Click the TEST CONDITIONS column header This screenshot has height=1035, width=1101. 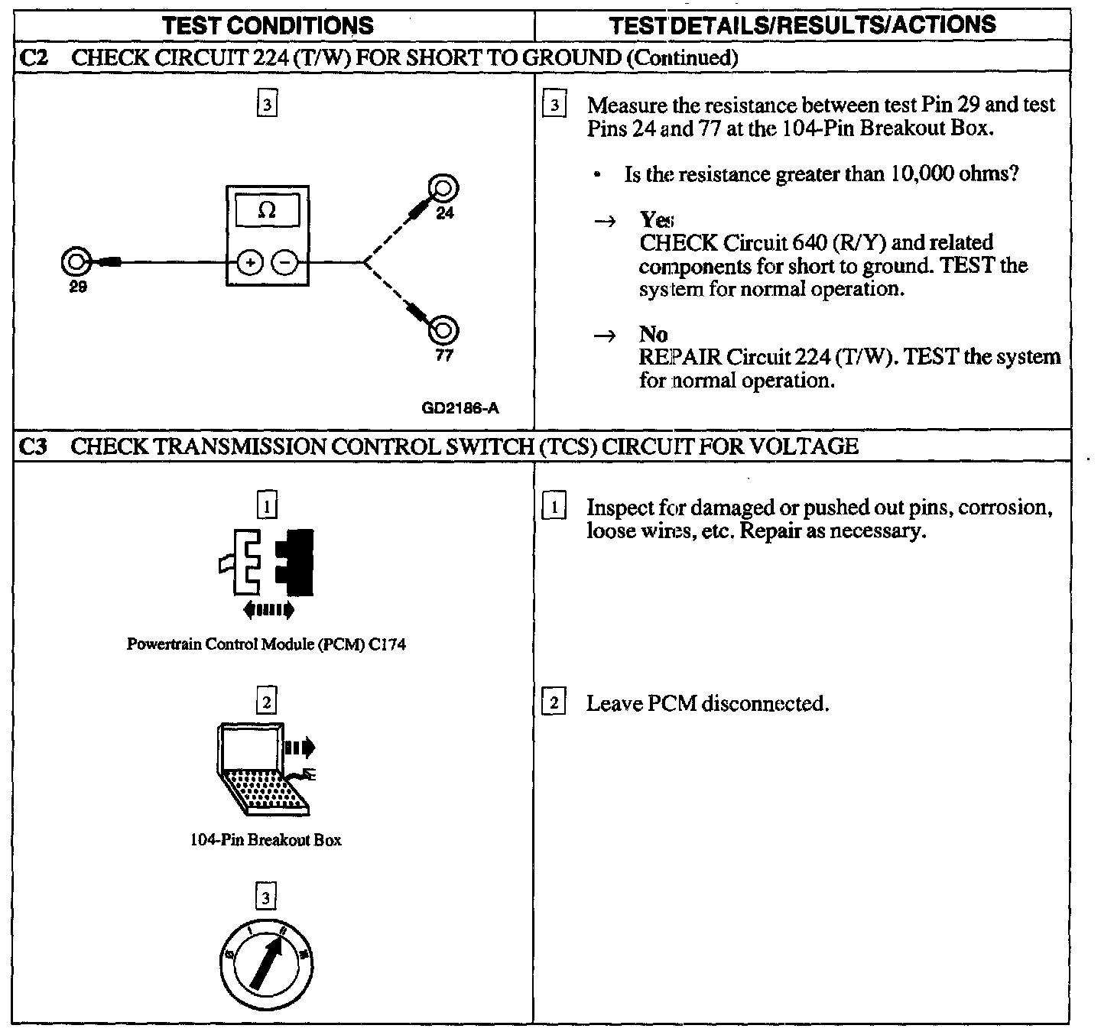[x=268, y=25]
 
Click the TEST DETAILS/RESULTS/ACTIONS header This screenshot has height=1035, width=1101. [x=802, y=24]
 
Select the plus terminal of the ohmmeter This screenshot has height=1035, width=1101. [x=250, y=263]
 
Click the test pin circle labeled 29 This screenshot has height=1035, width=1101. [x=76, y=262]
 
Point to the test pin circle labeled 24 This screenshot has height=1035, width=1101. [x=444, y=188]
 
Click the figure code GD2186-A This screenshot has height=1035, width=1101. [x=460, y=407]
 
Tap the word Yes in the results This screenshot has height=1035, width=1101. [x=656, y=220]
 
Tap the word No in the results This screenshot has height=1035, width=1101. [x=653, y=334]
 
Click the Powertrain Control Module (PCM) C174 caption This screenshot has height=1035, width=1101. [x=266, y=644]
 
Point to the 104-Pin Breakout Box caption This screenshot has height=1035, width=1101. [x=265, y=839]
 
